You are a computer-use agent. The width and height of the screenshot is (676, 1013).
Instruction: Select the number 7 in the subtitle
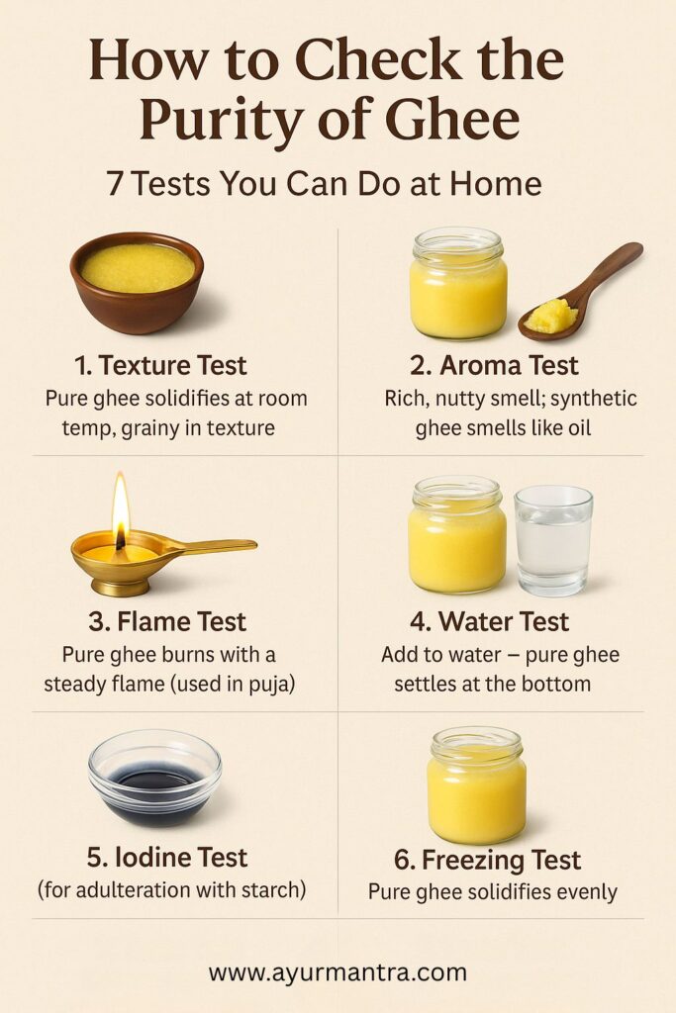tap(116, 184)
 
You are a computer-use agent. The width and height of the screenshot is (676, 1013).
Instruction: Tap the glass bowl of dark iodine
tap(154, 778)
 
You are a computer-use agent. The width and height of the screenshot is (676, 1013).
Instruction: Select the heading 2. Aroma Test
tap(494, 366)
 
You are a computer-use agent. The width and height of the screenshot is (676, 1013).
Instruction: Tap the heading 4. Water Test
tap(489, 622)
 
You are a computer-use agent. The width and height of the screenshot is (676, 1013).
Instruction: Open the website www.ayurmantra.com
tap(338, 972)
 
